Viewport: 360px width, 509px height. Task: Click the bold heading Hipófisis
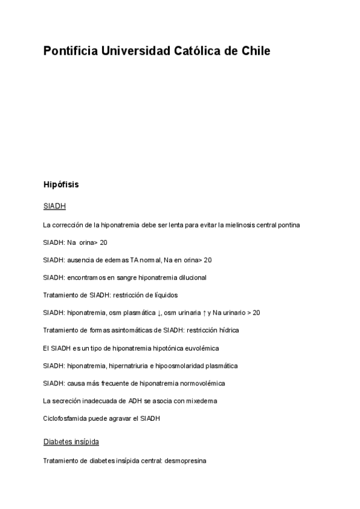click(61, 184)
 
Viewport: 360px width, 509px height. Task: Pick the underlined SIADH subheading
click(55, 206)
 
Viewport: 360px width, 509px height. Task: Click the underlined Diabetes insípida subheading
click(71, 442)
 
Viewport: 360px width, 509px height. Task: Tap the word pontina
click(289, 225)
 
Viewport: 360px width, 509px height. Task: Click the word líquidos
click(164, 295)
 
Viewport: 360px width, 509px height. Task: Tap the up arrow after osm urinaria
click(203, 313)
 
